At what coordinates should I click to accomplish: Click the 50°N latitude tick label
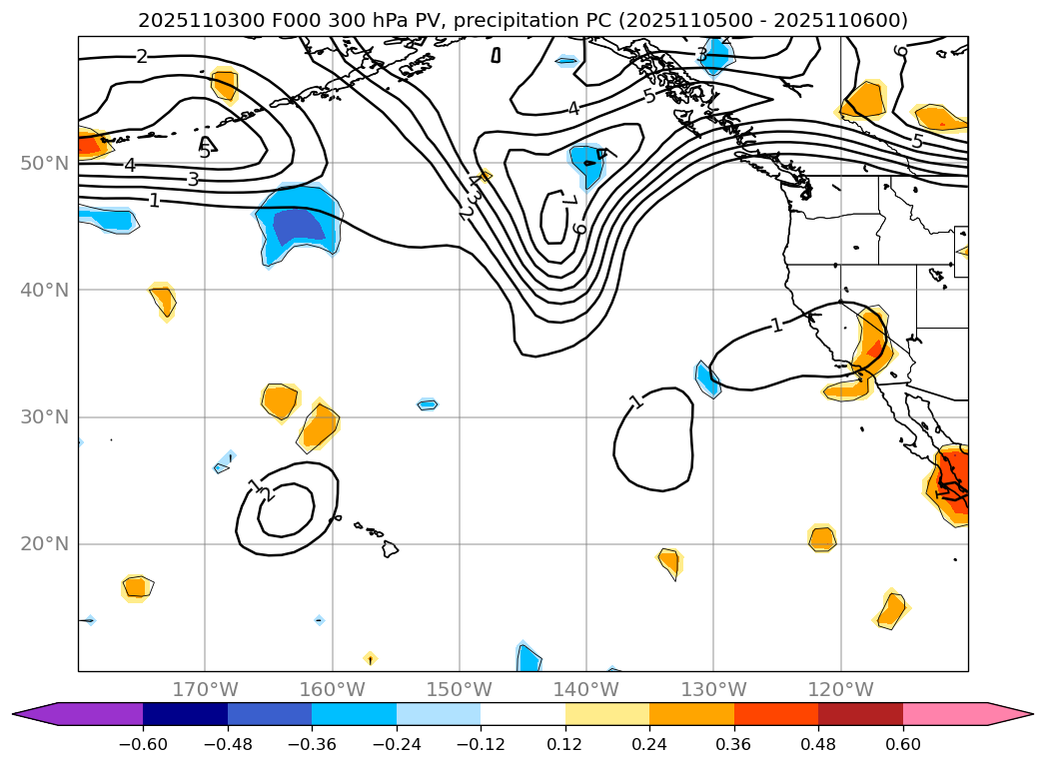pyautogui.click(x=43, y=163)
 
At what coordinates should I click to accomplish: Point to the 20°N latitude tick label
pyautogui.click(x=43, y=544)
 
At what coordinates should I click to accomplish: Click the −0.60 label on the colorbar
pyautogui.click(x=143, y=743)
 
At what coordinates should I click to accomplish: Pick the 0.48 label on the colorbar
pyautogui.click(x=818, y=743)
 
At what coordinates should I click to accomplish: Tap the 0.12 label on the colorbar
pyautogui.click(x=565, y=743)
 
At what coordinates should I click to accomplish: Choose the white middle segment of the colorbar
pyautogui.click(x=523, y=714)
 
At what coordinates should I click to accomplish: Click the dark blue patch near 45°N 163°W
pyautogui.click(x=299, y=225)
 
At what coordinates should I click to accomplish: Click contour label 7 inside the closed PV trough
pyautogui.click(x=568, y=202)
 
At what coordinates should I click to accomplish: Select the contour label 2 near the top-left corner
pyautogui.click(x=141, y=56)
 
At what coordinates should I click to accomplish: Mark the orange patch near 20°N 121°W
pyautogui.click(x=821, y=538)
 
